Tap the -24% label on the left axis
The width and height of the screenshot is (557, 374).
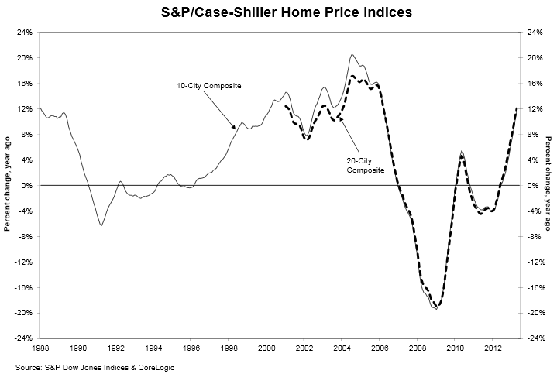23,338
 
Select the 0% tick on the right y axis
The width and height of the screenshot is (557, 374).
527,186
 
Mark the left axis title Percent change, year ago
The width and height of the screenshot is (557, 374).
8,186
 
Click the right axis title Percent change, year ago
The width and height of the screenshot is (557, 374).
548,186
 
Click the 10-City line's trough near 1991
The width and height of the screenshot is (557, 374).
101,225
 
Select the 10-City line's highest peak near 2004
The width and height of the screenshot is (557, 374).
352,55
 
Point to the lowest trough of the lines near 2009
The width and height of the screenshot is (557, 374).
436,308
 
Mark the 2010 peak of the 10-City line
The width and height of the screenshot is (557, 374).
462,151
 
